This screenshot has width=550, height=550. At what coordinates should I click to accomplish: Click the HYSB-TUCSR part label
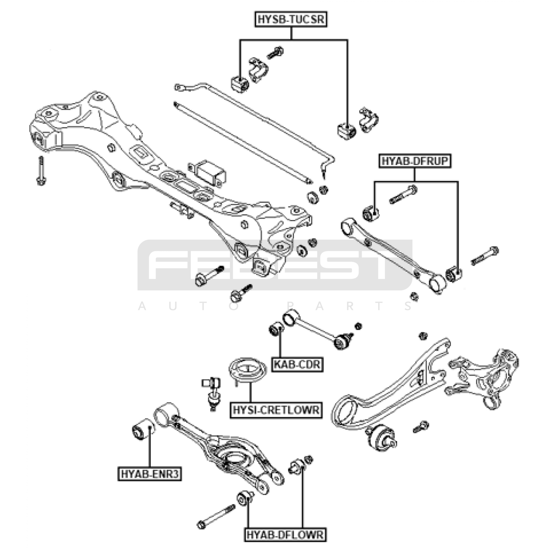click(x=291, y=19)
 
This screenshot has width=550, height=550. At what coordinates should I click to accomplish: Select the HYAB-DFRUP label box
click(x=415, y=161)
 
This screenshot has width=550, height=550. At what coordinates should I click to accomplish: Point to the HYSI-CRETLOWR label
click(x=276, y=410)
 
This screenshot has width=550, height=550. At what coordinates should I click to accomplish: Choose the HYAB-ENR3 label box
click(x=150, y=474)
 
